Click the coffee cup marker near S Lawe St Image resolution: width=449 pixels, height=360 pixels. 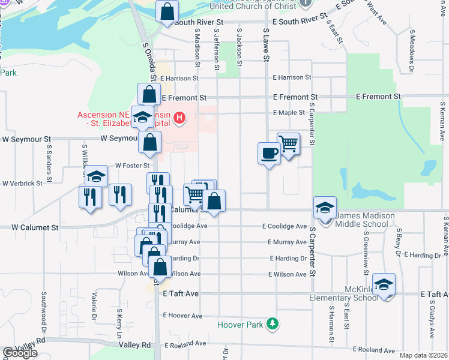point(268,154)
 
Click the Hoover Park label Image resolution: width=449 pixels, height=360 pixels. point(242,325)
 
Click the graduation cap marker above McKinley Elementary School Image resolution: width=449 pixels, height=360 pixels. point(384,284)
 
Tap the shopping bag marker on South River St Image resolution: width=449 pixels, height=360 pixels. point(167,11)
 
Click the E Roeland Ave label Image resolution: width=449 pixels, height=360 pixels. point(374,350)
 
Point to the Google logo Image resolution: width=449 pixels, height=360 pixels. point(20,353)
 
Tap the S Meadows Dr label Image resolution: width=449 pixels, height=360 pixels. point(412,47)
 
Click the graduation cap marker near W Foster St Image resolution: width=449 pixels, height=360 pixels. point(95,177)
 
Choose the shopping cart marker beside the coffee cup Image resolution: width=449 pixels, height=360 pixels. point(289,143)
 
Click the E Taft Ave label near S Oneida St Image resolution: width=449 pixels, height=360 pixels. point(181,294)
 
